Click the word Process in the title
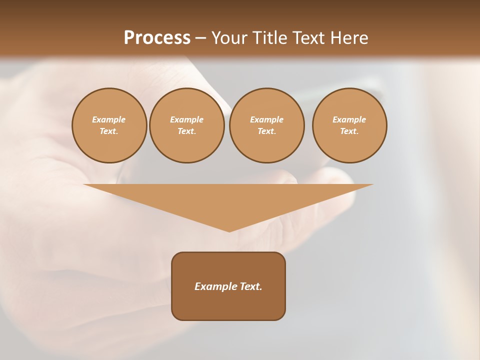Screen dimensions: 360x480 (157, 38)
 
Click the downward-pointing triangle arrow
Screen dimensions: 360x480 (228, 200)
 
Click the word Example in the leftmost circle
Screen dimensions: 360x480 (109, 119)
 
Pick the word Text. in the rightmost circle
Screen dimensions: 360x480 (349, 131)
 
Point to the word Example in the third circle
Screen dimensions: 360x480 (266, 119)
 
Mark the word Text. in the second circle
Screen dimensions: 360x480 (186, 131)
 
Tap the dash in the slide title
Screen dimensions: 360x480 (200, 38)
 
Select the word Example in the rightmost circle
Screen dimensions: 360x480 (349, 119)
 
